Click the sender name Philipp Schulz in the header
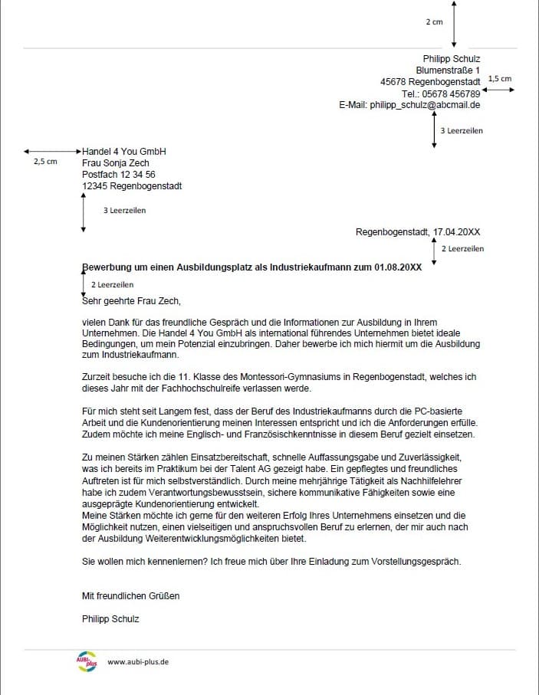[452, 59]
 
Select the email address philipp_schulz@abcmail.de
[425, 105]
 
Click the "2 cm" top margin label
[434, 22]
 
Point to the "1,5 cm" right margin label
[499, 79]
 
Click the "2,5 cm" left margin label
[45, 162]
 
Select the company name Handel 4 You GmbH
[124, 152]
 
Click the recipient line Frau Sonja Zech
[116, 163]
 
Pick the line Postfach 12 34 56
[119, 175]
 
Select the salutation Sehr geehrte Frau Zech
[131, 301]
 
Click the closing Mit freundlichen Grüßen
[131, 595]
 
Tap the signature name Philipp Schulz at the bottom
[110, 619]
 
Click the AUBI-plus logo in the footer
[87, 661]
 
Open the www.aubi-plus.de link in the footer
[138, 662]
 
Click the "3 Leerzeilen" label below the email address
[462, 131]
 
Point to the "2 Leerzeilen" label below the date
[463, 249]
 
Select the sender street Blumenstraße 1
[448, 70]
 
